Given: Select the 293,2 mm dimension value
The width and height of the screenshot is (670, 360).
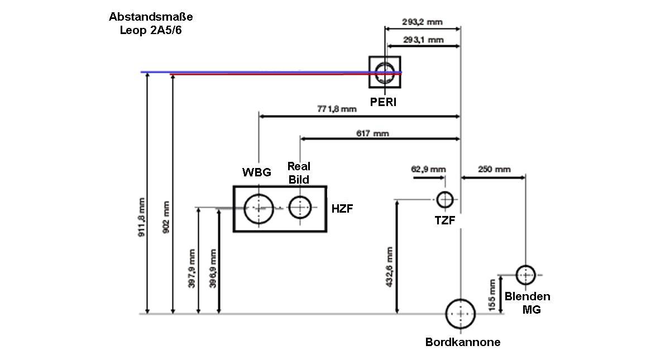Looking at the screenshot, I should (x=422, y=22).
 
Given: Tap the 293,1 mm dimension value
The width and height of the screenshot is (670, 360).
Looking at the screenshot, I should (x=423, y=40).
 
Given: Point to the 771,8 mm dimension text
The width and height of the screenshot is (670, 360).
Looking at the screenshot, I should (x=337, y=109).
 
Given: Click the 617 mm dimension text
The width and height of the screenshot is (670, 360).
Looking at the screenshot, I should (x=372, y=133).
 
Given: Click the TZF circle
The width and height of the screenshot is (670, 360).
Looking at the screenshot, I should (x=445, y=199).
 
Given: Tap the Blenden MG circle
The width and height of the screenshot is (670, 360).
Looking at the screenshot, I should (x=525, y=275).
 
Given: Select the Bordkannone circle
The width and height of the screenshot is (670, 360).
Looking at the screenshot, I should (x=460, y=314).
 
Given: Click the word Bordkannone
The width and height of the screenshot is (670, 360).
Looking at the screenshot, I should (x=463, y=342).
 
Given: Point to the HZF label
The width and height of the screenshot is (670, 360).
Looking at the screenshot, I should (x=342, y=208).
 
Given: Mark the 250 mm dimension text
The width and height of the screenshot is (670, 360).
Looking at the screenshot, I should (x=495, y=169).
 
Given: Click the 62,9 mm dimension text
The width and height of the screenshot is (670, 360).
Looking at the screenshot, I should (x=428, y=169).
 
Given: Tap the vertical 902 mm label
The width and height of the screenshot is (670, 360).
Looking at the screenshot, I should (x=166, y=217).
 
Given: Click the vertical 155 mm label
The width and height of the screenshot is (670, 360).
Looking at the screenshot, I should (x=492, y=296).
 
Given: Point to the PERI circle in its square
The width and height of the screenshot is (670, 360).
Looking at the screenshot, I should (x=385, y=73).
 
